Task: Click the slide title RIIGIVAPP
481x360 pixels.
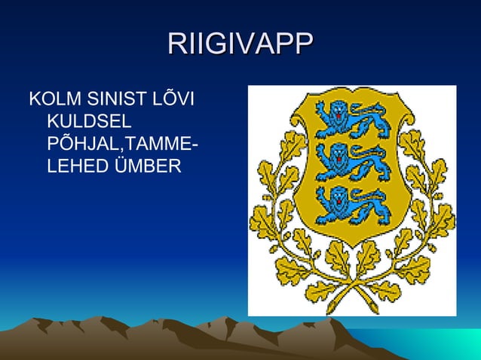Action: [x=240, y=43]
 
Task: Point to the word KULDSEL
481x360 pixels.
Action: [x=89, y=121]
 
